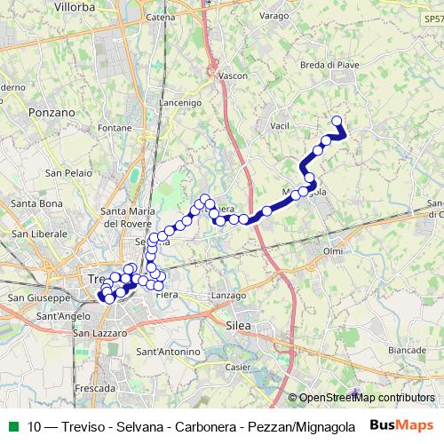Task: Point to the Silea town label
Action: (240, 326)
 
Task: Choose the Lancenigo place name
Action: (180, 103)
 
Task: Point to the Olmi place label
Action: (333, 251)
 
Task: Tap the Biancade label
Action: (407, 350)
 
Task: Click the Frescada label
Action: (96, 388)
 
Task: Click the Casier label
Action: (237, 367)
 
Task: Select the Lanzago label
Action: (229, 295)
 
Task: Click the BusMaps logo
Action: (401, 424)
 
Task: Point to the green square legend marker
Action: (13, 425)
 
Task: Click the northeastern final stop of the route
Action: (337, 122)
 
